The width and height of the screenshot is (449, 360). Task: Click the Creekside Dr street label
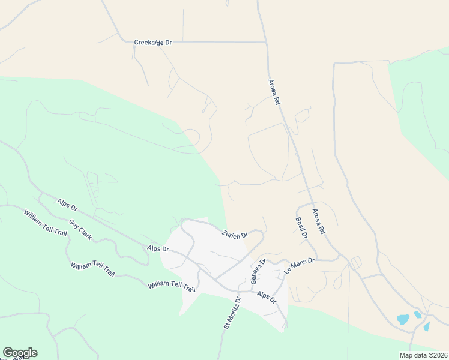pos(153,43)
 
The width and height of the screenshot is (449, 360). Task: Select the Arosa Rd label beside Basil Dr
pos(318,221)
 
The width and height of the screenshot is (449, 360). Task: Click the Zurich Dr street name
pos(235,234)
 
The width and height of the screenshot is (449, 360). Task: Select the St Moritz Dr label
pos(231,312)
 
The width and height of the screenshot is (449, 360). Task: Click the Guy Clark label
pos(80,230)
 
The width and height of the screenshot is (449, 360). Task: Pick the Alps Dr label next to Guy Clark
pos(67,205)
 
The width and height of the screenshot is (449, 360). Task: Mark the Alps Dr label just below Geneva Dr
pos(266,297)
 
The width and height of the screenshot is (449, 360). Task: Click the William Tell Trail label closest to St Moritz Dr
pos(172,286)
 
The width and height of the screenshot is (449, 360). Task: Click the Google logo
pos(20,353)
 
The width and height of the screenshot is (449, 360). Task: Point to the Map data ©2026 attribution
pos(423,355)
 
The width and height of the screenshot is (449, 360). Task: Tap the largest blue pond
pos(403,319)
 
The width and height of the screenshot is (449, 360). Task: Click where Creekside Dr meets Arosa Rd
pos(266,42)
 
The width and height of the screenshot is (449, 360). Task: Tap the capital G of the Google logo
pos(8,352)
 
